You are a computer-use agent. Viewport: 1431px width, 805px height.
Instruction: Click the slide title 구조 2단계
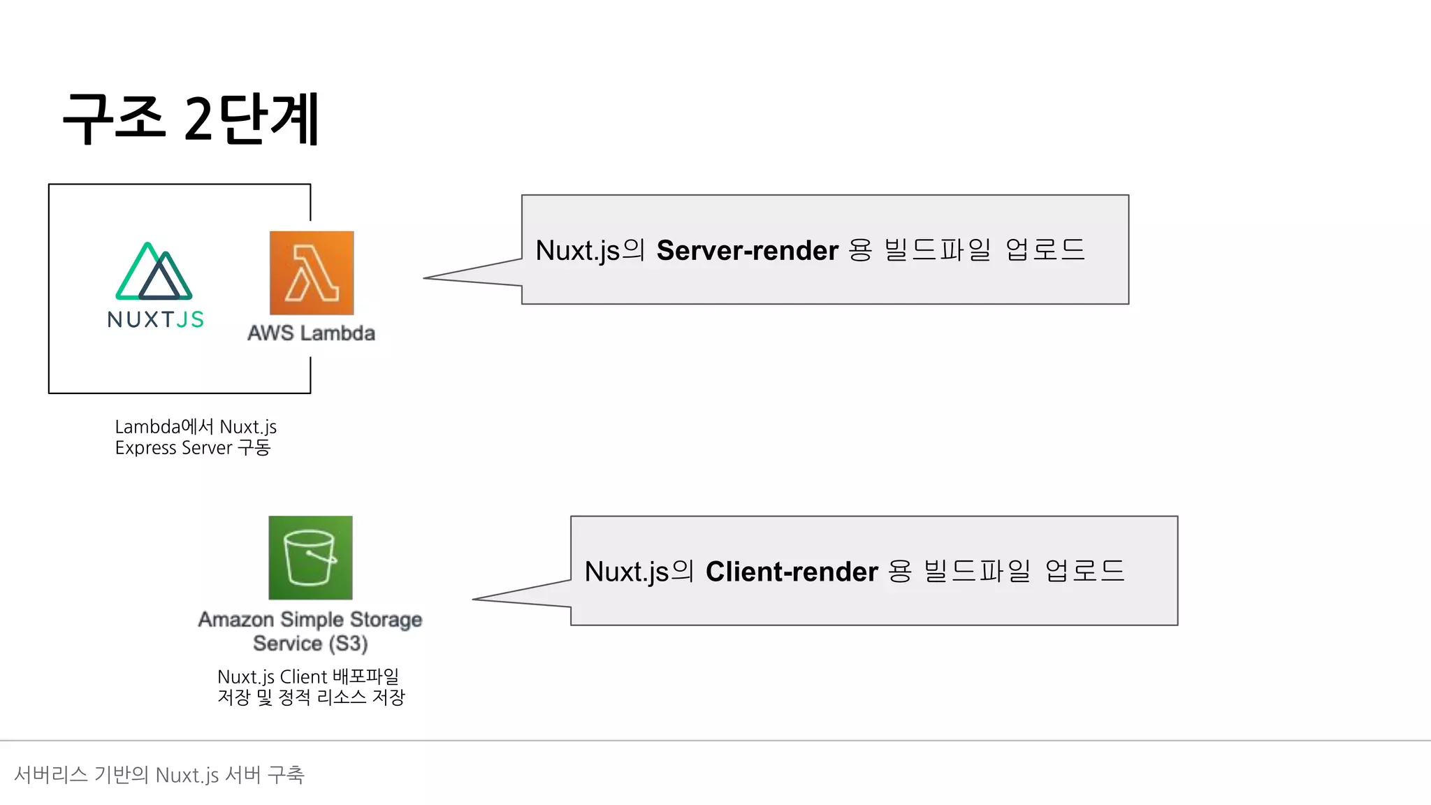(x=191, y=119)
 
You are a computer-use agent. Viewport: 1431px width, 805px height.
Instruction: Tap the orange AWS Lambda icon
(x=312, y=273)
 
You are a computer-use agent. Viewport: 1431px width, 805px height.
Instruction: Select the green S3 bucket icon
(x=310, y=558)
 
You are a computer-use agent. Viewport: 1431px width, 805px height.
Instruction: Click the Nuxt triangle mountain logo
(x=154, y=272)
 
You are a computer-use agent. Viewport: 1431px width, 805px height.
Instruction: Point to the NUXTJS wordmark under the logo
(x=156, y=319)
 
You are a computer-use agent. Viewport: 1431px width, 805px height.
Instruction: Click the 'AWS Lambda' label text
(x=311, y=333)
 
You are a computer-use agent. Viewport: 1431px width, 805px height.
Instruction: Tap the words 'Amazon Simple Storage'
(x=310, y=620)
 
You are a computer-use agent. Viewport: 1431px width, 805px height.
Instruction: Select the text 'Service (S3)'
(x=310, y=644)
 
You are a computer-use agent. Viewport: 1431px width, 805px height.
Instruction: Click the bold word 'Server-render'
(x=747, y=250)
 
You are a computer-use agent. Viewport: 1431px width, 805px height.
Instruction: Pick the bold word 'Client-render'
(x=792, y=572)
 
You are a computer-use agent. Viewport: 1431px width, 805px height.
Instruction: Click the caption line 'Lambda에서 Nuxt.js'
(x=196, y=427)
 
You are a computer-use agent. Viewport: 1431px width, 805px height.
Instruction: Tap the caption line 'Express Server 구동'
(x=193, y=448)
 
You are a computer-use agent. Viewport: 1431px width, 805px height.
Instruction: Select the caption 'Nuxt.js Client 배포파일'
(x=308, y=676)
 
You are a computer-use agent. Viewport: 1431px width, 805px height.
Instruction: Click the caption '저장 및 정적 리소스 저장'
(x=311, y=697)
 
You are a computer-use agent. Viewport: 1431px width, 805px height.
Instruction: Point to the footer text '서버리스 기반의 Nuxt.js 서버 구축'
(x=159, y=775)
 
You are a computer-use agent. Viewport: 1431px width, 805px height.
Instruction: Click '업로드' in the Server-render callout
(x=1045, y=250)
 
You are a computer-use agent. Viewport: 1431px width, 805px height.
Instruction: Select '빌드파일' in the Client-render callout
(x=977, y=572)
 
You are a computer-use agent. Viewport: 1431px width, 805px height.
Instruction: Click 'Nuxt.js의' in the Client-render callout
(x=639, y=572)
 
